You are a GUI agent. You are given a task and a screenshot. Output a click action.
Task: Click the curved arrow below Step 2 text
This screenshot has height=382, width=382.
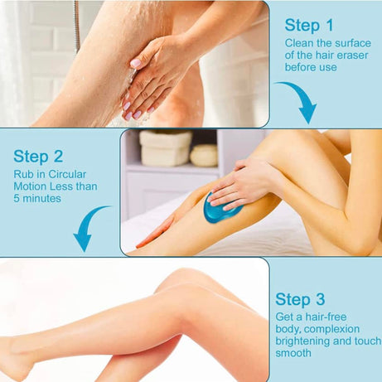tap(89, 227)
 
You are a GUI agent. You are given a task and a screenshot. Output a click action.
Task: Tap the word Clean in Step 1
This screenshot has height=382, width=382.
tap(300, 42)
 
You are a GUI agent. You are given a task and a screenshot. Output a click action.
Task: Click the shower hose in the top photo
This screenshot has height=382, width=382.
tap(76, 25)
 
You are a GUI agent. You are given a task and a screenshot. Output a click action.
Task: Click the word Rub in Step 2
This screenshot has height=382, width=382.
tap(23, 174)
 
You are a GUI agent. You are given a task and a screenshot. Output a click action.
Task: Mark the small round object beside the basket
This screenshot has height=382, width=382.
tap(204, 155)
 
